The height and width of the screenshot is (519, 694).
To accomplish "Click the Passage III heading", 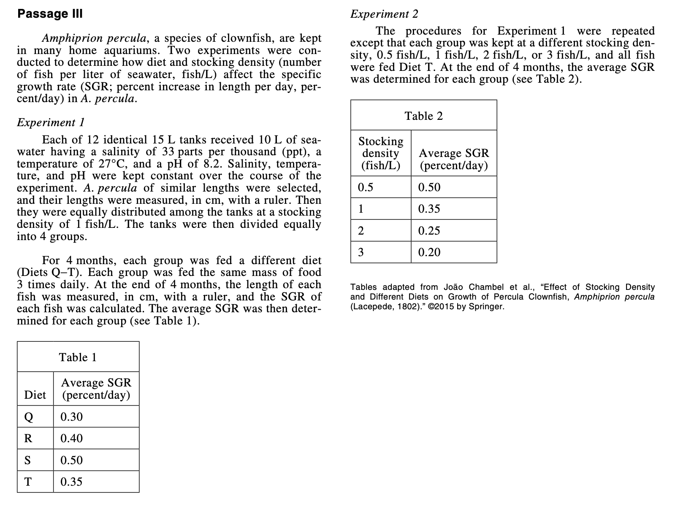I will click(x=50, y=14).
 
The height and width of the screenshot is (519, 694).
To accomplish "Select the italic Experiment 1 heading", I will click(x=51, y=122).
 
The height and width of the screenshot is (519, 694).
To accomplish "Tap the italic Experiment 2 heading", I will click(x=384, y=14).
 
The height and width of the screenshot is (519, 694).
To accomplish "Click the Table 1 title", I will click(x=78, y=357).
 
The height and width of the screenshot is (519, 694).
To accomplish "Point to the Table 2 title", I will click(x=423, y=116).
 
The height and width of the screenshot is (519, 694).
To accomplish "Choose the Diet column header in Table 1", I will click(x=35, y=395).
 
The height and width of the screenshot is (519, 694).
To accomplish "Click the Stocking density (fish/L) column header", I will click(x=381, y=153).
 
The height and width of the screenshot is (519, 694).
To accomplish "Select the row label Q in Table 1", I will click(x=28, y=417).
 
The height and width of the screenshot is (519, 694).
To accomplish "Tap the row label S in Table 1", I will click(x=28, y=460).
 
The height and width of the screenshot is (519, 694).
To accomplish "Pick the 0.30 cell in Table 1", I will click(x=71, y=417).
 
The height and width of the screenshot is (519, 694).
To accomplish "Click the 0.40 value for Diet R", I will click(x=71, y=438).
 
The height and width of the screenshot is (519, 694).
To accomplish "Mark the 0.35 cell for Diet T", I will click(x=71, y=482).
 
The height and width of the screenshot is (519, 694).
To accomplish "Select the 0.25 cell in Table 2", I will click(x=429, y=231).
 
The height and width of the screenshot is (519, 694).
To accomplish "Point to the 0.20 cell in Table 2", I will click(x=429, y=252).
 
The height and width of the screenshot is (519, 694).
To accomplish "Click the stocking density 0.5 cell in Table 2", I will click(x=366, y=187).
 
